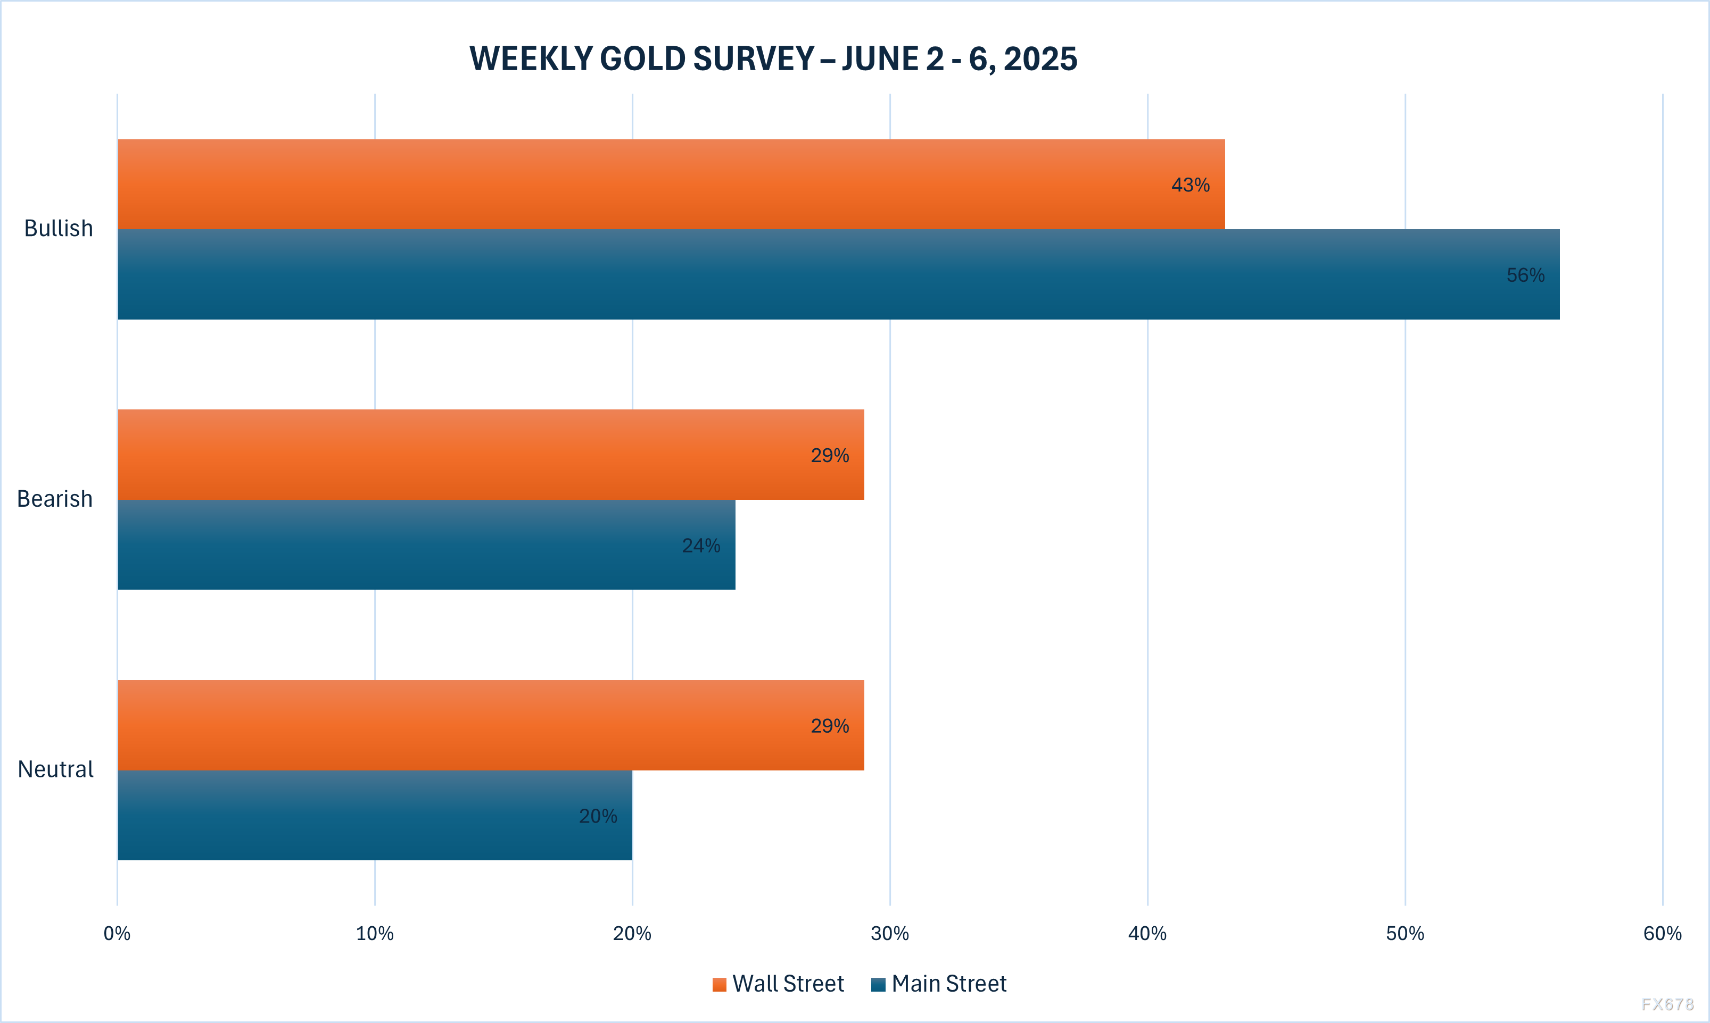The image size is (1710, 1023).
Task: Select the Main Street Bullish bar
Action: [x=838, y=274]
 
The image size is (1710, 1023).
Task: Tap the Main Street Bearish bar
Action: [x=426, y=544]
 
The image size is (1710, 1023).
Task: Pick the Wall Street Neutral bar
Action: [x=491, y=725]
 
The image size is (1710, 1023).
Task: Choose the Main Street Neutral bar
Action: [x=375, y=816]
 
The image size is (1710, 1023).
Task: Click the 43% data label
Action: [x=1190, y=185]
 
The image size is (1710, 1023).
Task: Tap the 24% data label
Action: [x=701, y=546]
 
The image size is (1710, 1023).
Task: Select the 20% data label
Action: [x=597, y=816]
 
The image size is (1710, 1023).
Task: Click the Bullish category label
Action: [x=59, y=228]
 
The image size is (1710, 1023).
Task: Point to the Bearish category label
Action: [x=54, y=498]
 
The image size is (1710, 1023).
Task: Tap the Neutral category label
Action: [x=55, y=769]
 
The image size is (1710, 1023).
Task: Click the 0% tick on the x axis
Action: [x=117, y=933]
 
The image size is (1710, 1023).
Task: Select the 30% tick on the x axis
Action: [x=889, y=933]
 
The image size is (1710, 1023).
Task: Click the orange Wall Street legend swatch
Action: [x=720, y=984]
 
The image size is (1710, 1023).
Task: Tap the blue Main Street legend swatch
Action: [x=878, y=984]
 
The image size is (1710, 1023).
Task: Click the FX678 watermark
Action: [x=1667, y=1004]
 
